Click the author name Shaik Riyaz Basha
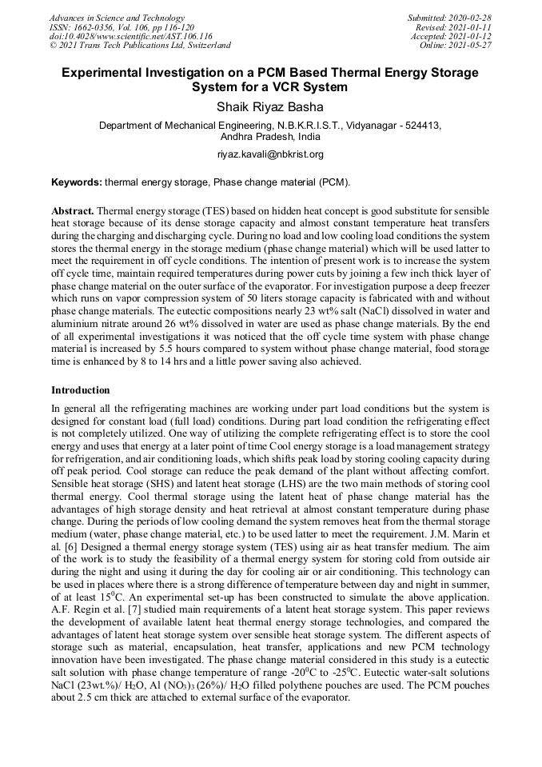click(270, 106)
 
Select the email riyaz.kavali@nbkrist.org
click(270, 154)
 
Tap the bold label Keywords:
click(77, 182)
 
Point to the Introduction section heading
click(81, 390)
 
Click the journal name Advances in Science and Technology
click(117, 18)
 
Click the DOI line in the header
click(131, 37)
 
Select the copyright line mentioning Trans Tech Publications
click(140, 46)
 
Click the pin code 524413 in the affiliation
click(423, 126)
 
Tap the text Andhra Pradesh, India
click(270, 137)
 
